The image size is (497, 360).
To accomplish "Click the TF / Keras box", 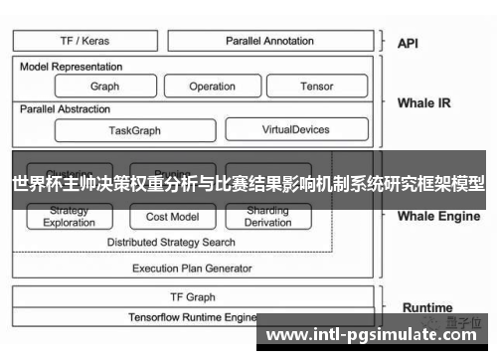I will (x=85, y=41).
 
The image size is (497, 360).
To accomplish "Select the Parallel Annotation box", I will (x=269, y=41).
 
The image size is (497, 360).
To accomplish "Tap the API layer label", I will (x=408, y=43).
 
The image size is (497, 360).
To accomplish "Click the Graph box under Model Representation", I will (x=104, y=87).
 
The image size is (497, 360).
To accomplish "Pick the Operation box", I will (x=212, y=87).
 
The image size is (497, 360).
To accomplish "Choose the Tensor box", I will (x=316, y=87).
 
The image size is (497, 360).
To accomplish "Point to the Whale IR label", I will (x=423, y=102).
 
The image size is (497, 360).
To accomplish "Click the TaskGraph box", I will (x=134, y=130).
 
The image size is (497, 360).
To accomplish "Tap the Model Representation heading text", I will (x=72, y=67).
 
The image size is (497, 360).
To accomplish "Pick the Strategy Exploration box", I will (x=70, y=217).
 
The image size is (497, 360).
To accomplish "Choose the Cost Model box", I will (x=171, y=217).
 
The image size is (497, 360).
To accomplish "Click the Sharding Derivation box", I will (x=267, y=217).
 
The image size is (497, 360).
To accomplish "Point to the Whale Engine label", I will (x=437, y=215).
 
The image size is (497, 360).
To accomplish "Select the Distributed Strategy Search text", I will (x=171, y=242).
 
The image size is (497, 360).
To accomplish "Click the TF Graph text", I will (x=193, y=296).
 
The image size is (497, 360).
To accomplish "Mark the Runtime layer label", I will (x=427, y=307).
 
